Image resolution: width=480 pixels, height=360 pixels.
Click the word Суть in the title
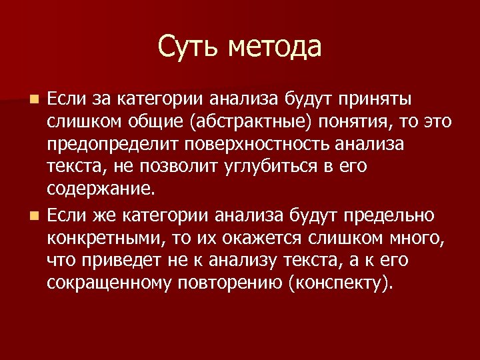(x=189, y=47)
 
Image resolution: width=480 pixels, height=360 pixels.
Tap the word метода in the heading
(x=274, y=47)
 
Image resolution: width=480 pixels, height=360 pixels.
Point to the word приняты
(x=375, y=100)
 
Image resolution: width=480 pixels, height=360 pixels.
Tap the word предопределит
(x=112, y=146)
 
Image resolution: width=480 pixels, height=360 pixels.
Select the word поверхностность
(x=259, y=146)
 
